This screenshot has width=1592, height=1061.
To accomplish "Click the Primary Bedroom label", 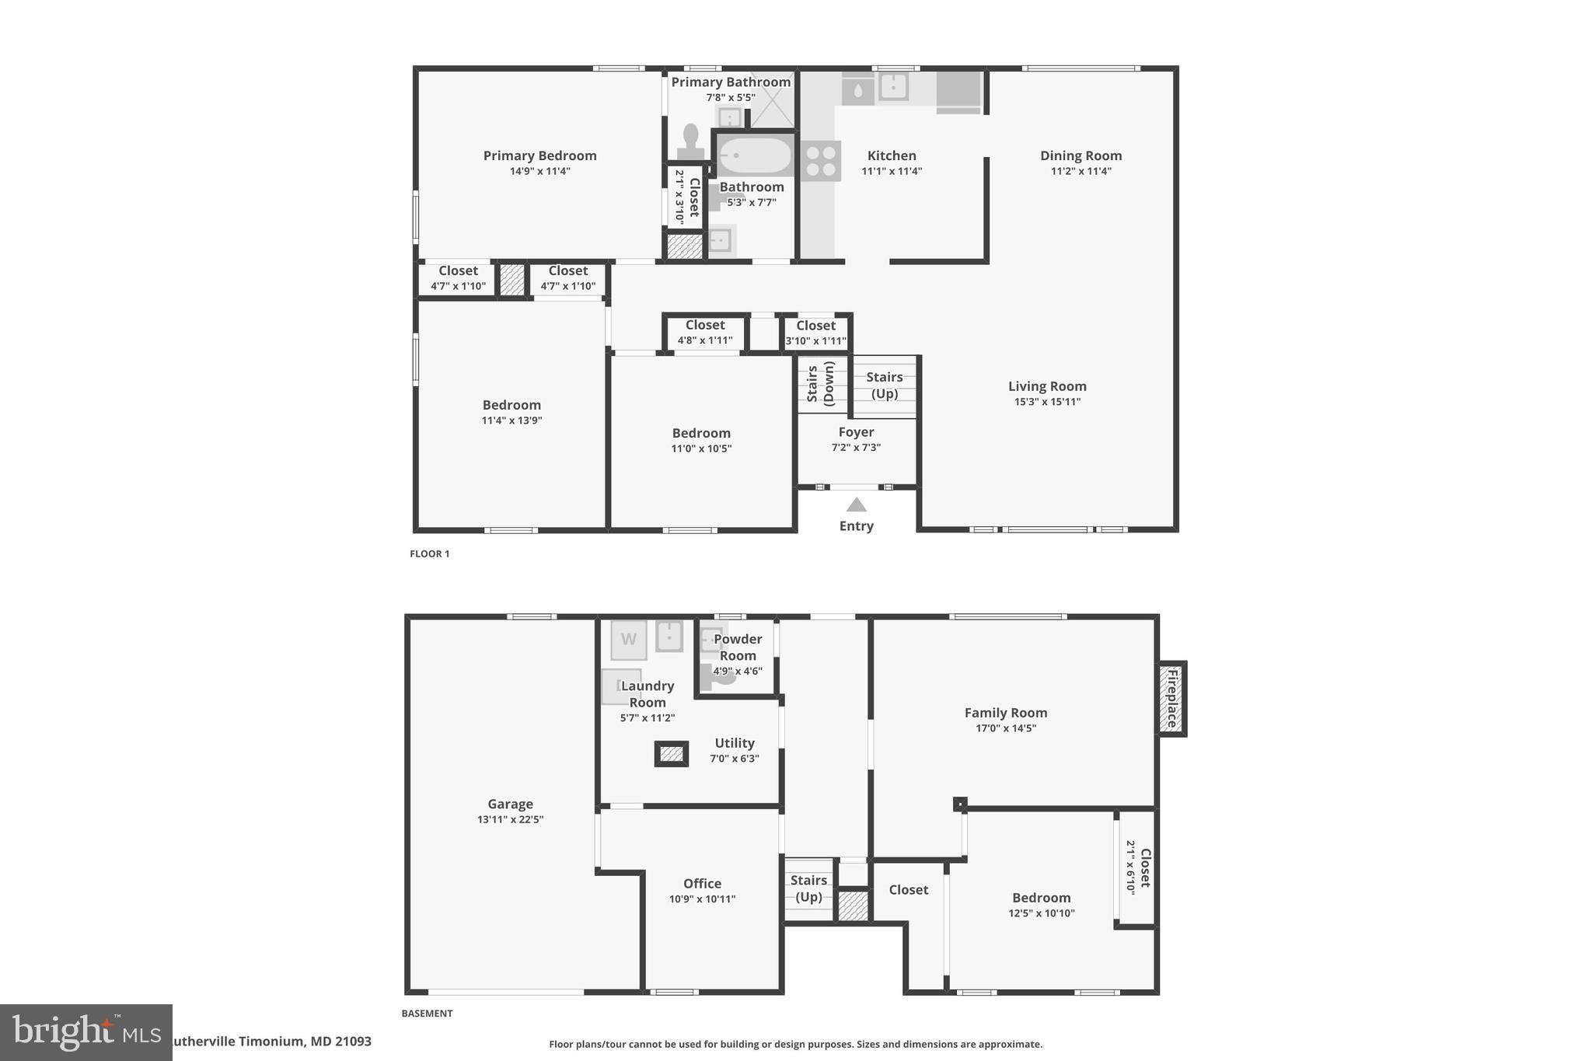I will click(x=539, y=155).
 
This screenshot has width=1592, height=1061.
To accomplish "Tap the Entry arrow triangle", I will click(x=856, y=505).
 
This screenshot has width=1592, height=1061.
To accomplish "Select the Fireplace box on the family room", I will click(x=1171, y=699).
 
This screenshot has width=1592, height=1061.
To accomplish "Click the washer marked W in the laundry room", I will click(x=628, y=640).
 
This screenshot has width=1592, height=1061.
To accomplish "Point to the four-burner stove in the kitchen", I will click(x=821, y=161).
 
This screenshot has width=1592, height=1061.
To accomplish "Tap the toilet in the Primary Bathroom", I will click(x=690, y=141).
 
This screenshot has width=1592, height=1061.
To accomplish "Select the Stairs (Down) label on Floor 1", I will click(x=820, y=383).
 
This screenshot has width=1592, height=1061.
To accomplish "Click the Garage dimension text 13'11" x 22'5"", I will click(x=510, y=819).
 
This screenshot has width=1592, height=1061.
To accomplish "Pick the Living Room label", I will click(x=1047, y=386).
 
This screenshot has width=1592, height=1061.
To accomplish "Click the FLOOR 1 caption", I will click(x=429, y=554).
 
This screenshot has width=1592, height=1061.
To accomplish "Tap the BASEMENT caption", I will click(x=427, y=1014).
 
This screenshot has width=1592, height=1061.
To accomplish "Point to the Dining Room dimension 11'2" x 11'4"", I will click(x=1081, y=171).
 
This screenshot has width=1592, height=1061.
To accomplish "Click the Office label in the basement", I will click(x=702, y=883).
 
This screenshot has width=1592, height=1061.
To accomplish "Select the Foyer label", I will click(x=856, y=432).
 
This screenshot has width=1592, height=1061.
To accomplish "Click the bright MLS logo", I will click(x=86, y=1032).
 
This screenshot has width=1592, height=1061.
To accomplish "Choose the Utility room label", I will click(x=735, y=743).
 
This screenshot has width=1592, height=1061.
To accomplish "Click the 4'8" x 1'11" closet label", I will click(x=704, y=340).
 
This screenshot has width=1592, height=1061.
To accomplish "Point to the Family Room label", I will click(x=1005, y=713).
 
